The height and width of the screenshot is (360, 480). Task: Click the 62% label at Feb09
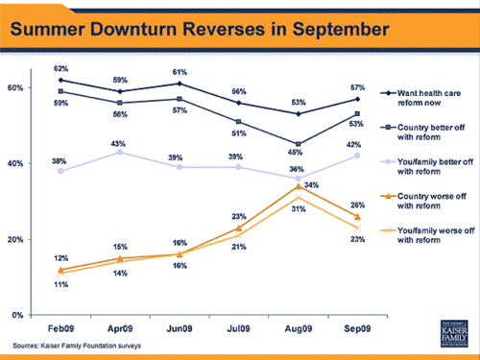(x=60, y=68)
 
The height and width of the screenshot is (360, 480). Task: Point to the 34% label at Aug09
(x=310, y=185)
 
